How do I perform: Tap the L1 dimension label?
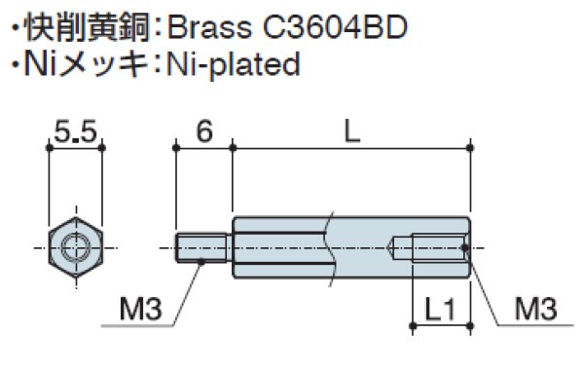point(440,311)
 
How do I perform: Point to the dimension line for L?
point(351,147)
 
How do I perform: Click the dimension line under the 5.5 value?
point(75,147)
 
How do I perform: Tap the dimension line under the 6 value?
point(203,147)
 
